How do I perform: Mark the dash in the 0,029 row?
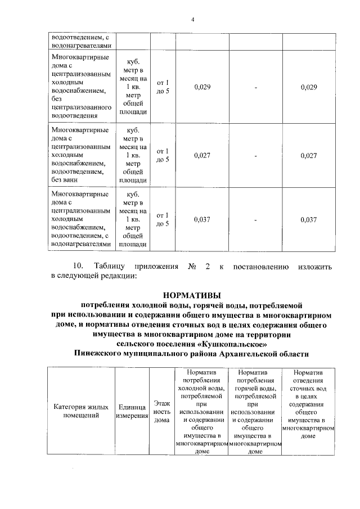click(x=255, y=87)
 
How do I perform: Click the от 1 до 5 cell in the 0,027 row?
click(x=163, y=155)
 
